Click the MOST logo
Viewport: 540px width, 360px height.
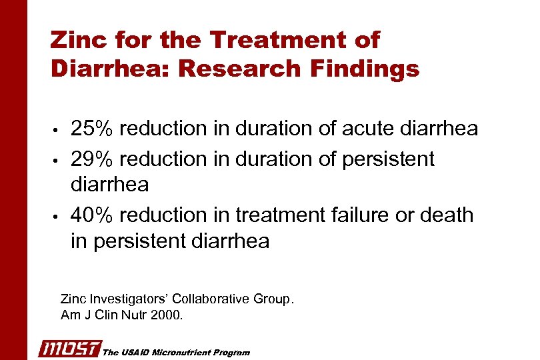click(69, 349)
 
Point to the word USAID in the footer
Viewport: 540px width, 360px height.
click(133, 352)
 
